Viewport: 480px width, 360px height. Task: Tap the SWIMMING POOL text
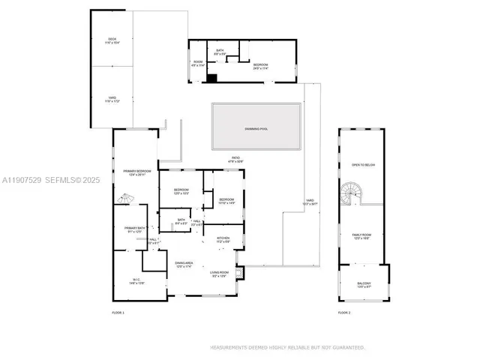[x=256, y=129]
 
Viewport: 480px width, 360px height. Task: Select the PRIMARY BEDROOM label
[x=137, y=172]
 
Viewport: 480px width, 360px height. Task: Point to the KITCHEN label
[x=223, y=239]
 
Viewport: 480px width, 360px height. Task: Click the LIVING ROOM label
[x=219, y=273]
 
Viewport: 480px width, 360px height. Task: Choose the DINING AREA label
[x=184, y=263]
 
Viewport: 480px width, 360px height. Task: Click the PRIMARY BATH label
[x=134, y=229]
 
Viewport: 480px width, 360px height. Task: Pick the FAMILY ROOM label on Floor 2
[x=362, y=235]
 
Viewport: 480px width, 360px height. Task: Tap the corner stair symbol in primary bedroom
[x=124, y=199]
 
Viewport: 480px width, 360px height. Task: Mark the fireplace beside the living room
[x=239, y=273]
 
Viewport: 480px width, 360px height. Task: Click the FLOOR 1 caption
[x=118, y=312]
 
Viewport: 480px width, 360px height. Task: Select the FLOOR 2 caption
[x=344, y=312]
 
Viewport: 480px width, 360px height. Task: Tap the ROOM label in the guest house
[x=198, y=62]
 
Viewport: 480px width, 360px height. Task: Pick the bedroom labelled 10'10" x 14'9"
[x=226, y=200]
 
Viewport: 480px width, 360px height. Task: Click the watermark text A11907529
[x=22, y=180]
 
